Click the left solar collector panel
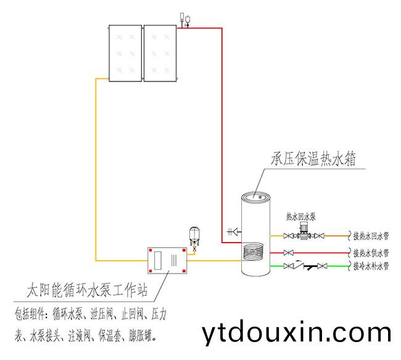pos(125,52)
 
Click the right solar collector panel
pos(160,52)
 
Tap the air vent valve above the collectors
pos(184,19)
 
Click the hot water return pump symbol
pos(302,232)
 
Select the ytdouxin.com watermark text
pos(296,333)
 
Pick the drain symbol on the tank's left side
pos(232,232)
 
